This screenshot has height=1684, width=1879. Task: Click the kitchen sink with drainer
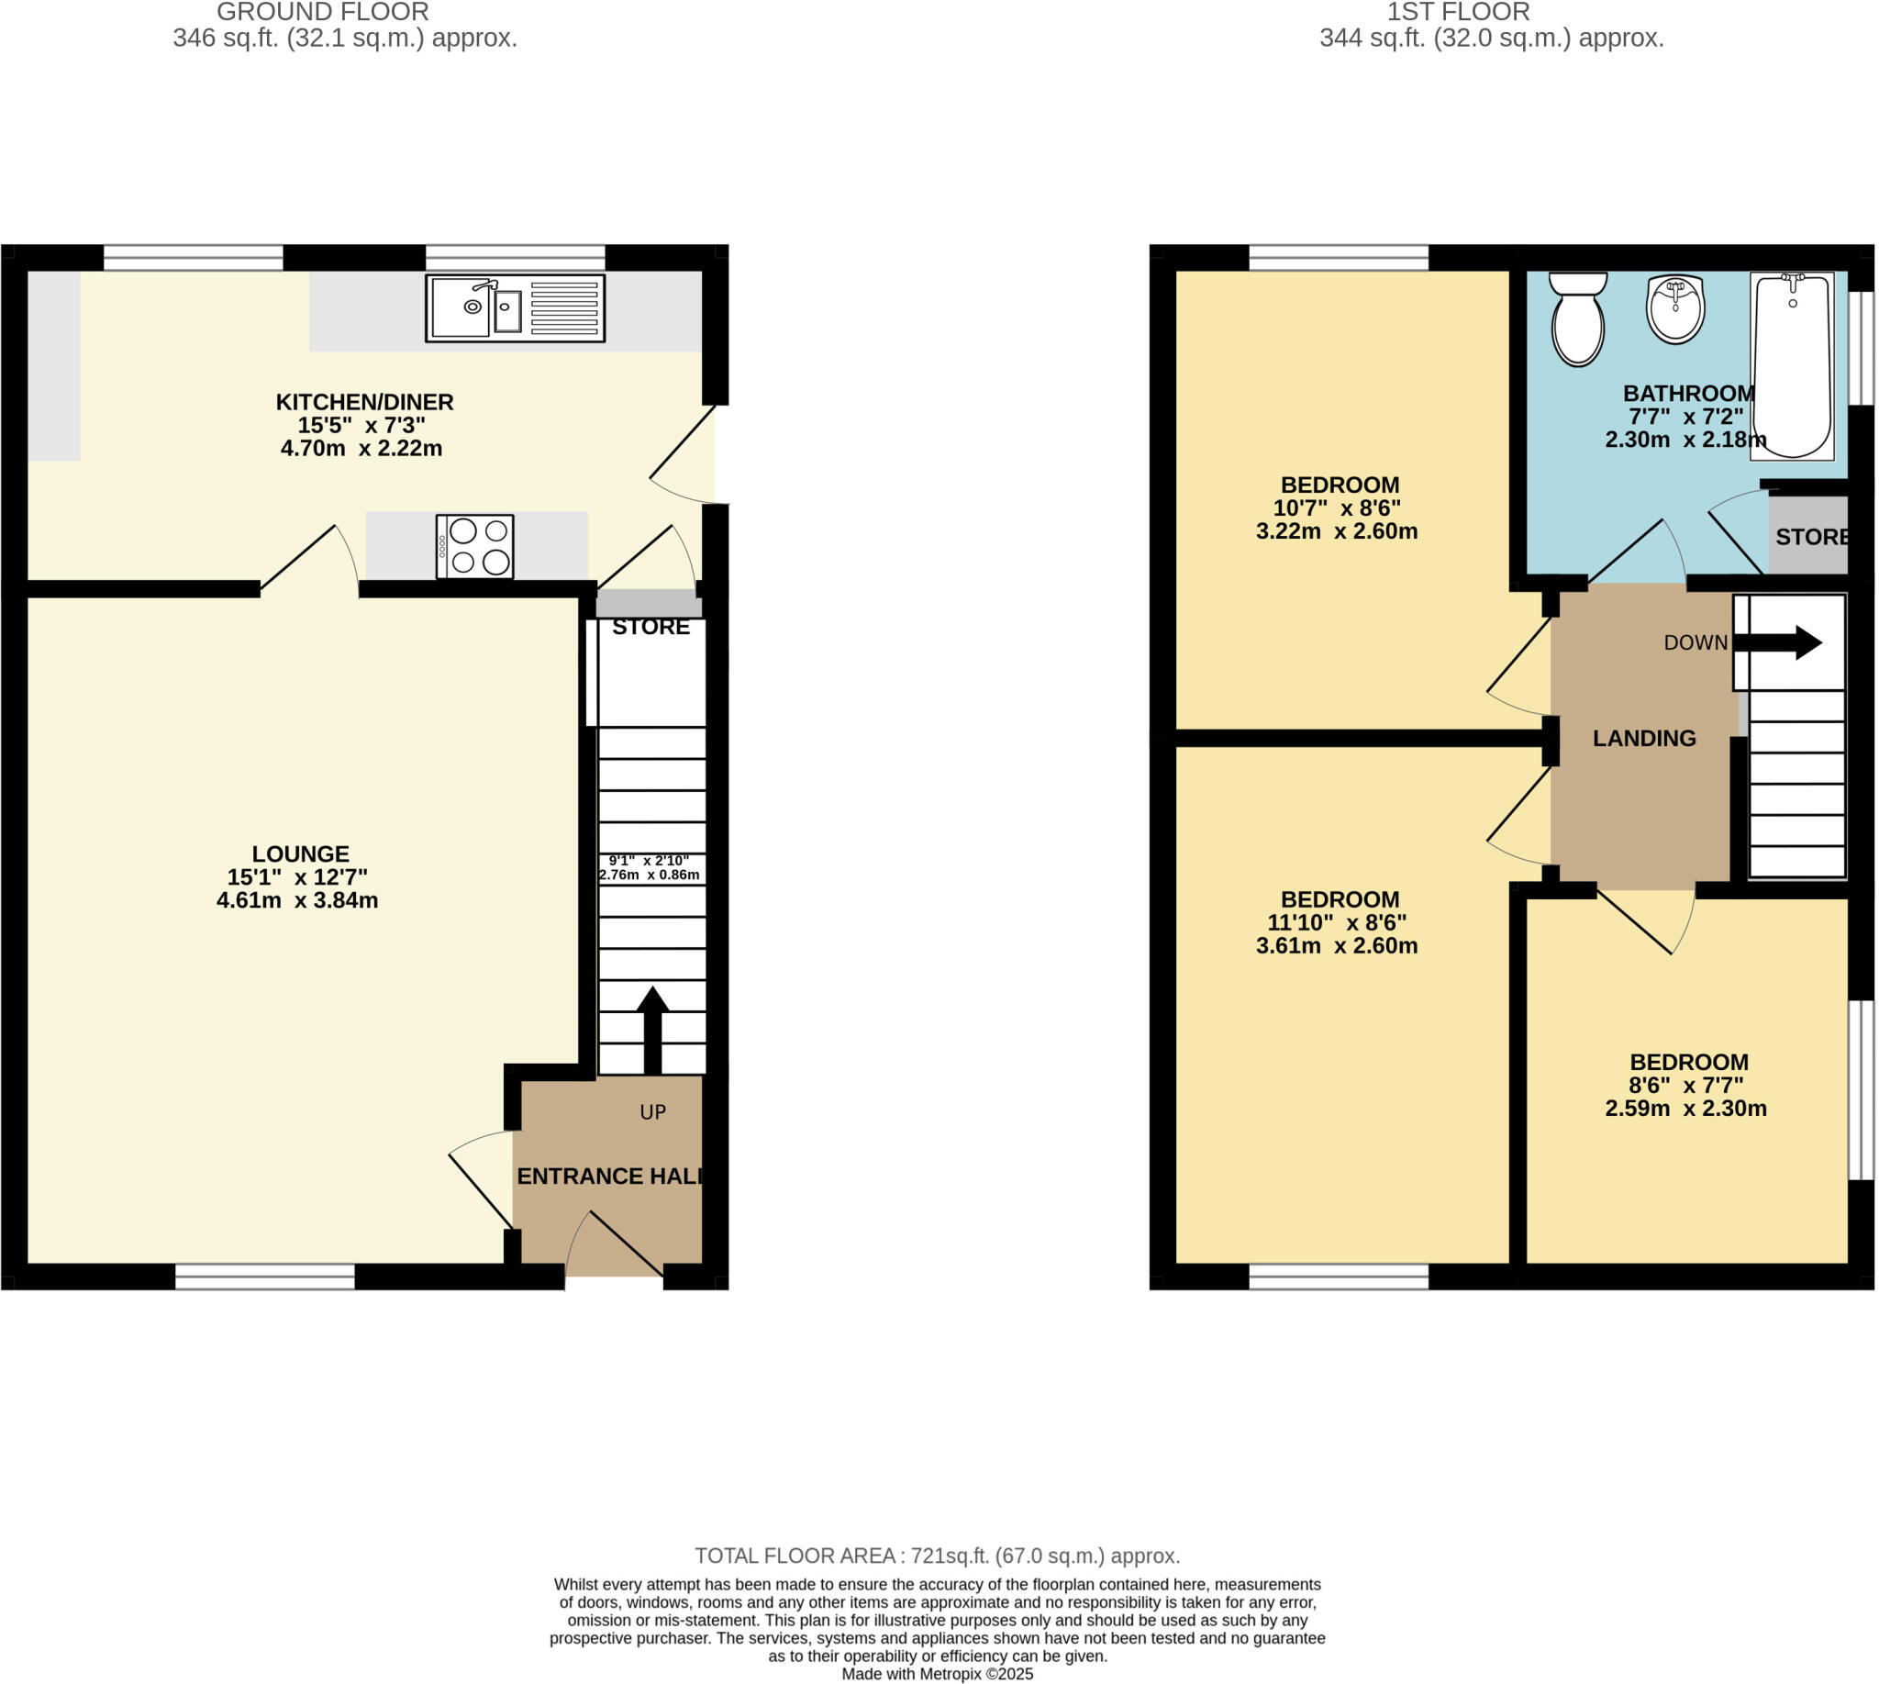(x=515, y=308)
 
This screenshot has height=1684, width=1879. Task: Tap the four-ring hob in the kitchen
(x=474, y=547)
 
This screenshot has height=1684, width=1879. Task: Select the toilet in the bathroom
(x=1577, y=319)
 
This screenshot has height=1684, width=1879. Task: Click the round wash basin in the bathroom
(x=1675, y=309)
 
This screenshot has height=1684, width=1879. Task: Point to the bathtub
(x=1792, y=366)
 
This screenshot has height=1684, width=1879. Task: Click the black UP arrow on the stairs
(x=652, y=1027)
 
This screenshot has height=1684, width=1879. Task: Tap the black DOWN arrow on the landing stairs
(x=1780, y=642)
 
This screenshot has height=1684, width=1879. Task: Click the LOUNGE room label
(x=301, y=854)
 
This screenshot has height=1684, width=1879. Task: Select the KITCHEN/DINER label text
(x=364, y=403)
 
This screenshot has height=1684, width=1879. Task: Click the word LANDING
(x=1644, y=739)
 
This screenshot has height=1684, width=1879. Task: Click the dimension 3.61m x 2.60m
(x=1336, y=945)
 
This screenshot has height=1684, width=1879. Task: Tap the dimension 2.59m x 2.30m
(x=1684, y=1108)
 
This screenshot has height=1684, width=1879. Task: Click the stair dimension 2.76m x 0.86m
(x=650, y=875)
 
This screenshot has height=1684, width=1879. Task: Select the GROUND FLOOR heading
(x=322, y=12)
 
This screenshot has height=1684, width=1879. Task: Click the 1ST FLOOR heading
(x=1458, y=12)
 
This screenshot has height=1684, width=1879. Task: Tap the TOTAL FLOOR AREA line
(x=937, y=1556)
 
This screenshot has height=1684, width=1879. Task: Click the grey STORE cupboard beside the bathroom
(x=1808, y=537)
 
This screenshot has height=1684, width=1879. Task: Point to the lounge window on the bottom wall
(x=264, y=1276)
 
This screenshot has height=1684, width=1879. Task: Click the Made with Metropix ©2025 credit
(x=937, y=1674)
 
